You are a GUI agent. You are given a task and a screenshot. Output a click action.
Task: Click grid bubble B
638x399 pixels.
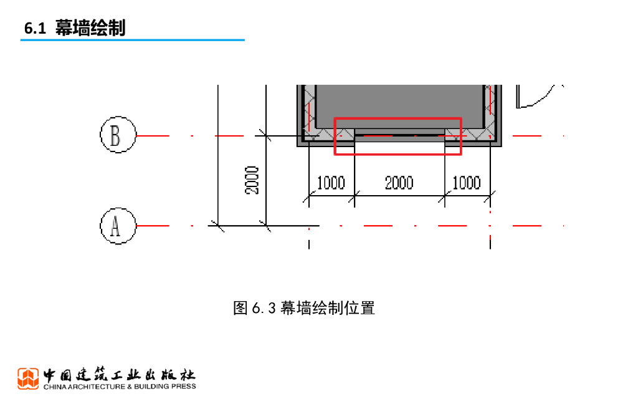pos(118,135)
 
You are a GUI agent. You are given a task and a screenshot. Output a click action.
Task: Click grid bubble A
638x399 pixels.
pos(118,225)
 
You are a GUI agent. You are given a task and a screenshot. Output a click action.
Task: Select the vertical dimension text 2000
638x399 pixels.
pos(252,180)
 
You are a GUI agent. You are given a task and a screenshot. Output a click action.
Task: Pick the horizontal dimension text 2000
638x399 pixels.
pos(399,183)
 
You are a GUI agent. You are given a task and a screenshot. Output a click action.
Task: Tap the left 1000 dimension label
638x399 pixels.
pos(331,183)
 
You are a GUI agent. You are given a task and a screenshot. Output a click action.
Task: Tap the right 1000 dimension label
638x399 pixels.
pos(466,183)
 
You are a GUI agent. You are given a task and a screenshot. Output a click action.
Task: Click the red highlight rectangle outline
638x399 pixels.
pos(398,118)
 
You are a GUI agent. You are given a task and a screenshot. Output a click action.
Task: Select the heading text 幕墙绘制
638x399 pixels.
pos(90,28)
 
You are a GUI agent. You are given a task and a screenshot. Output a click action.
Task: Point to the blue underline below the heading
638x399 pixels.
pos(132,41)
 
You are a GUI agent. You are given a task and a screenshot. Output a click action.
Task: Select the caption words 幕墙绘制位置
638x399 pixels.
pos(328,308)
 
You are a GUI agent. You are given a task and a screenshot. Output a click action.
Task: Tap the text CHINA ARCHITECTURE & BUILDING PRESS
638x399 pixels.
pos(119,387)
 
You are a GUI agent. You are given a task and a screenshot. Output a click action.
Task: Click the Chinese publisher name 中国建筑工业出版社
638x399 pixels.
pos(119,375)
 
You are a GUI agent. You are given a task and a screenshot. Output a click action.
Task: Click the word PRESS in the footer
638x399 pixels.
pos(182,387)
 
